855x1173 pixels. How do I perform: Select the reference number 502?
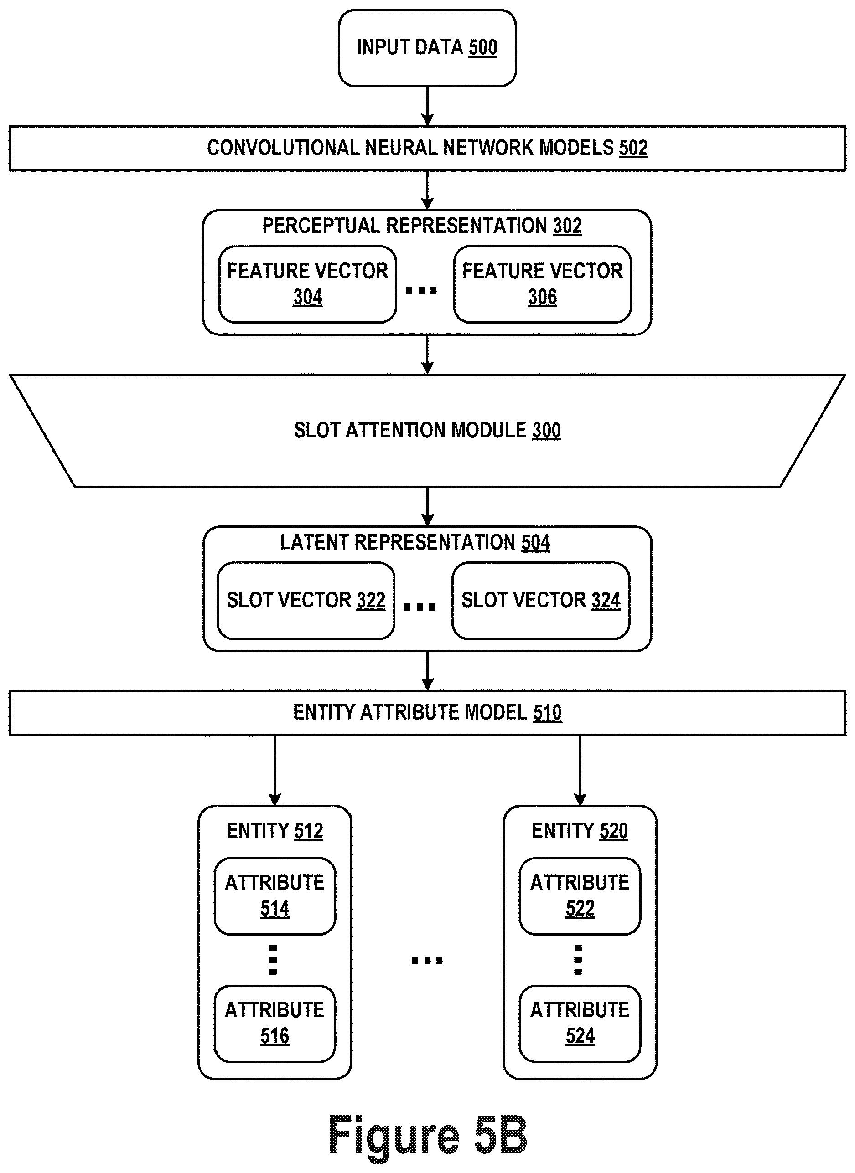[633, 149]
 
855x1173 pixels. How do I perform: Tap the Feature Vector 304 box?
[307, 284]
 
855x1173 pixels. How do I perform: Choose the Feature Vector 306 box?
[542, 284]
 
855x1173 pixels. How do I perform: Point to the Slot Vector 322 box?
[306, 601]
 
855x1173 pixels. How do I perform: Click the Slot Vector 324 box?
[541, 601]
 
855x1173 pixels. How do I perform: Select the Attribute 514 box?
[275, 896]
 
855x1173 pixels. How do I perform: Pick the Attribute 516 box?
[275, 1024]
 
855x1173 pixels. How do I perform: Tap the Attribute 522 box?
[580, 896]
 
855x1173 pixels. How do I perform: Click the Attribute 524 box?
[580, 1024]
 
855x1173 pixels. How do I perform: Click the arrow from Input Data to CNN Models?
[428, 106]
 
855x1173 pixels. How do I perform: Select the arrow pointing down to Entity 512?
[275, 770]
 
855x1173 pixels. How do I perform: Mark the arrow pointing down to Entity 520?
[580, 770]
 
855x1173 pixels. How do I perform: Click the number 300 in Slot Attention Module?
[547, 431]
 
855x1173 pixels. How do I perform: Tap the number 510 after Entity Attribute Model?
[548, 713]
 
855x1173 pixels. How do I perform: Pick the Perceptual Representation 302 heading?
[422, 226]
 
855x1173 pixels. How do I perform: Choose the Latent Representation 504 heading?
[415, 543]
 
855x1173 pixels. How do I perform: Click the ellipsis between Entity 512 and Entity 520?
[428, 961]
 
